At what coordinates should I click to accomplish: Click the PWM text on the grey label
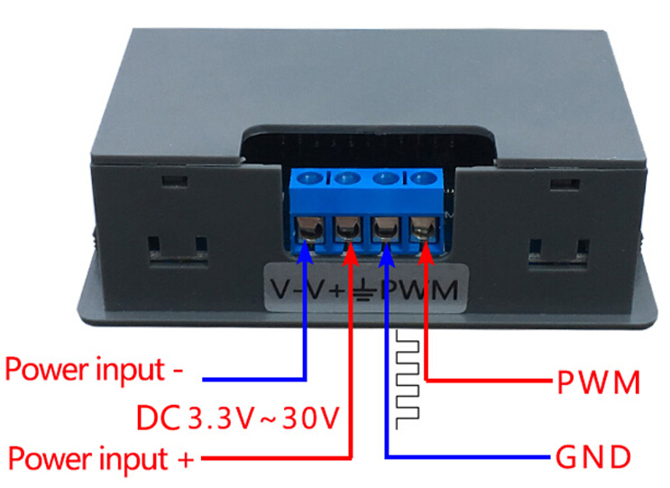click(x=419, y=290)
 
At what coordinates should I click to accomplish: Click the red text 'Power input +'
click(x=99, y=458)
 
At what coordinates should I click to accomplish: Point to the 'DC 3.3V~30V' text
click(x=237, y=418)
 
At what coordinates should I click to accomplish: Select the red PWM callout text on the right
click(x=598, y=382)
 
